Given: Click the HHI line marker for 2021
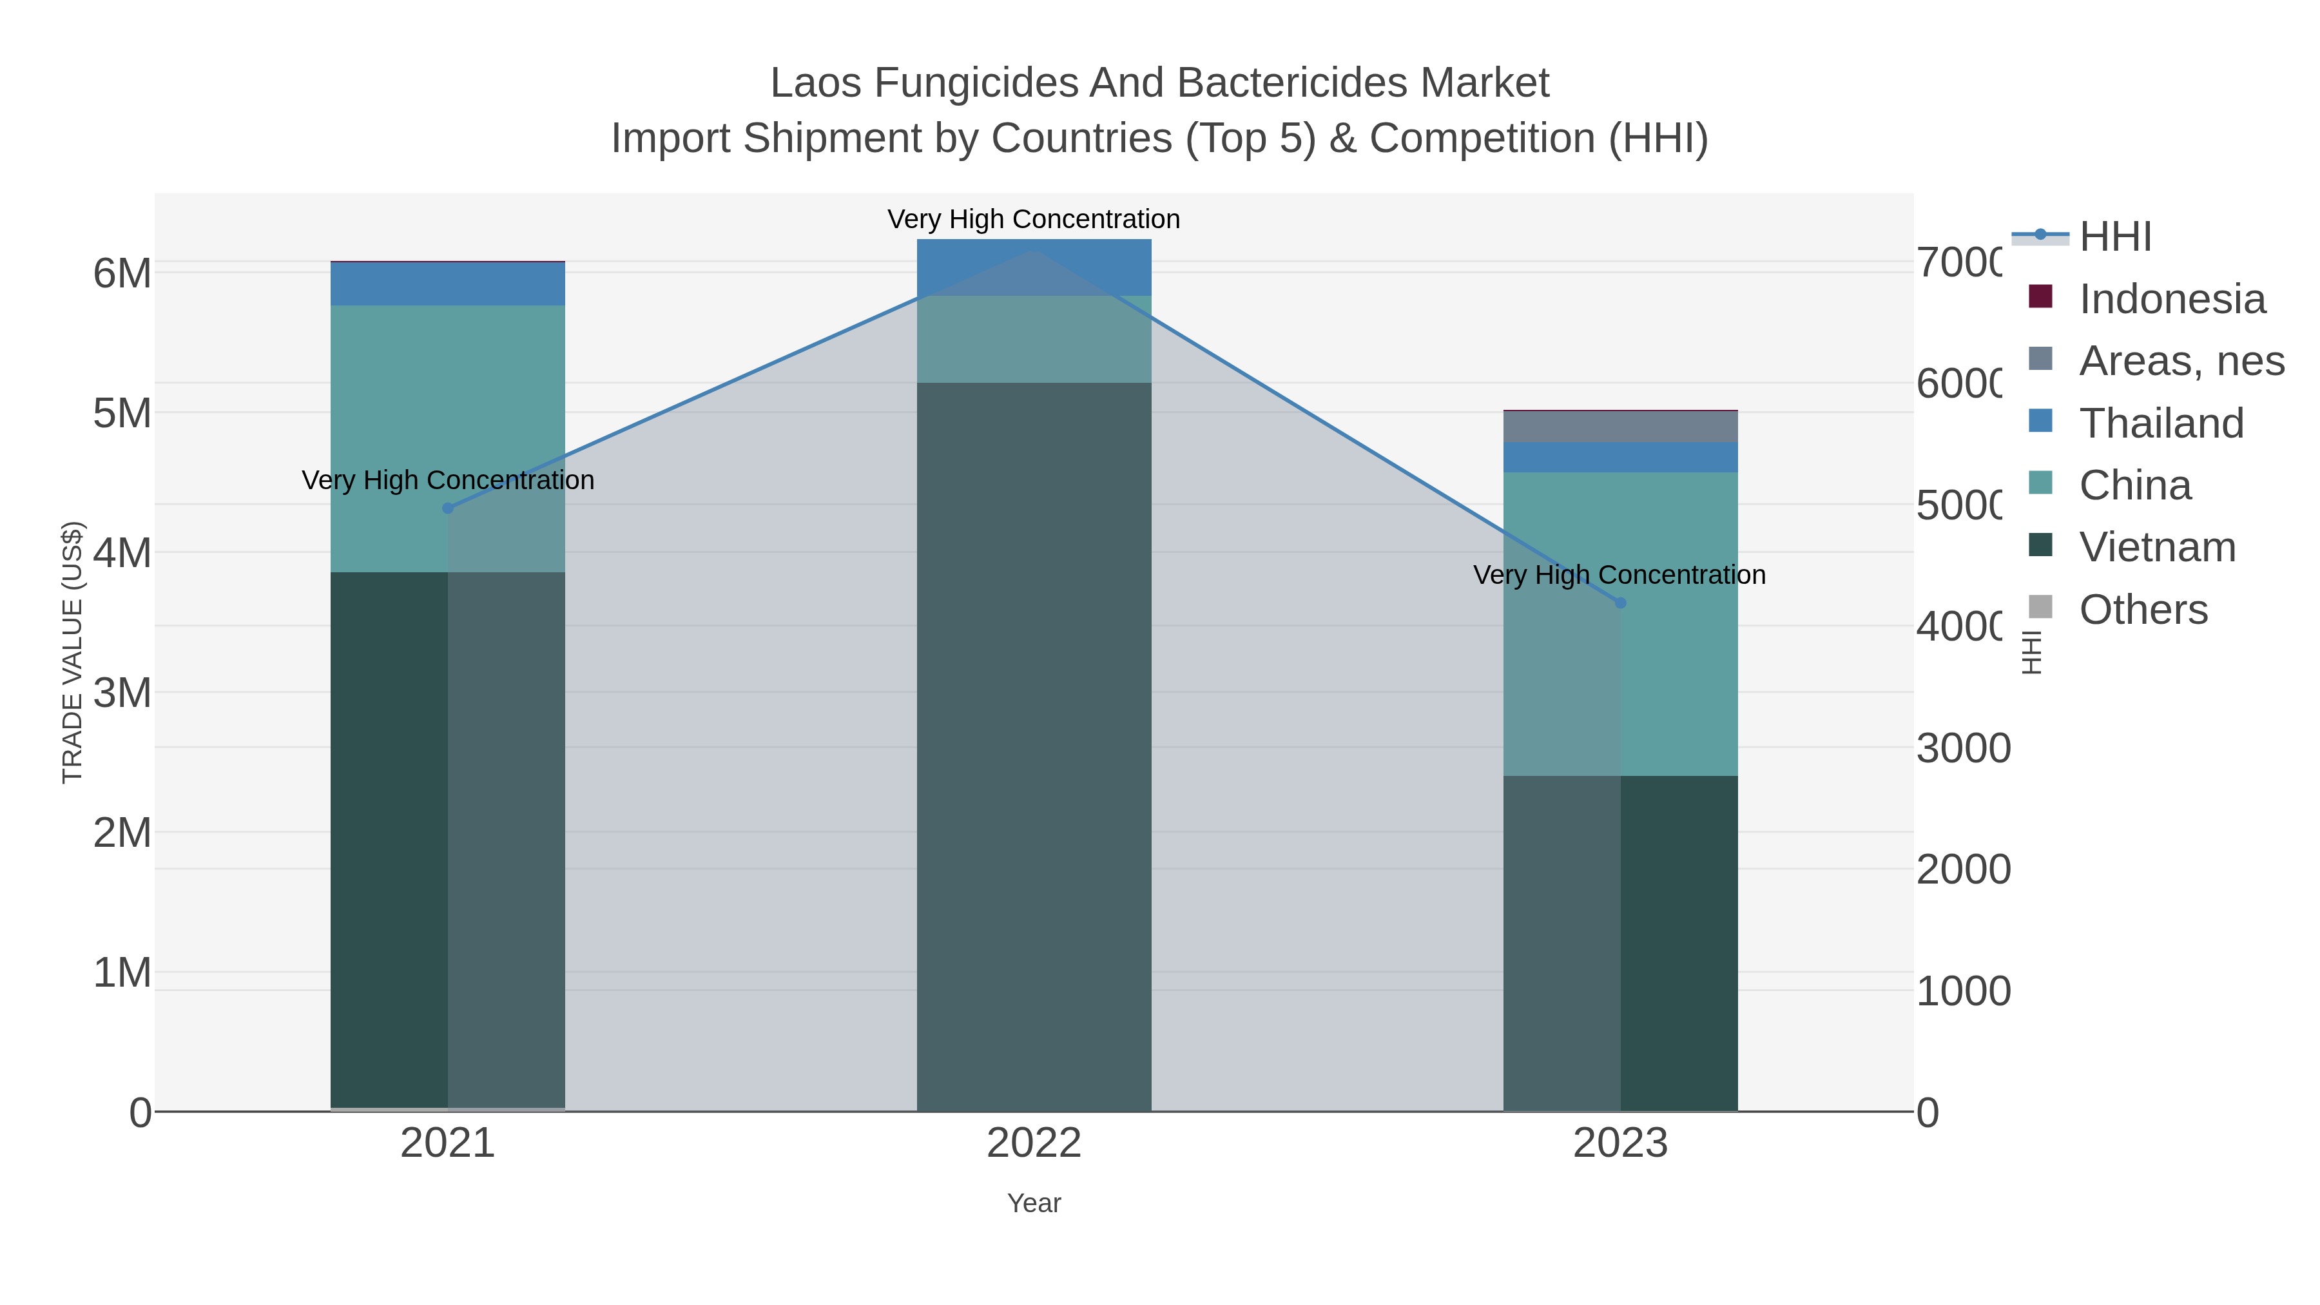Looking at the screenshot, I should click(x=448, y=508).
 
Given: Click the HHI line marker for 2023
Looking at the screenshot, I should click(x=1620, y=603).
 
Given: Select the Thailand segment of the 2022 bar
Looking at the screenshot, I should click(x=1034, y=267).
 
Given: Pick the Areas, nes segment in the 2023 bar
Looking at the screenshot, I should click(x=1620, y=427).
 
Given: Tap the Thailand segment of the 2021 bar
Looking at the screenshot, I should click(x=448, y=284).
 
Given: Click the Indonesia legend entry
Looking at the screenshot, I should click(x=2171, y=299).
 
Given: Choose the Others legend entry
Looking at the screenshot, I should click(x=2143, y=610).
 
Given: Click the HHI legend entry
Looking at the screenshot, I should click(x=2114, y=237).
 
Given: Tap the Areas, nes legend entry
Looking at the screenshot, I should click(x=2180, y=361).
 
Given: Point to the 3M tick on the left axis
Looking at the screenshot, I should click(x=122, y=693).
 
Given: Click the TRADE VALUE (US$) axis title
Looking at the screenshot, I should click(x=72, y=652).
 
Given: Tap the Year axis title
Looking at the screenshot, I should click(x=1034, y=1203).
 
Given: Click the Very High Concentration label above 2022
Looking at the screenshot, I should click(x=1034, y=220).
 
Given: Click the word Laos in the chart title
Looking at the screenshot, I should click(x=816, y=84).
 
